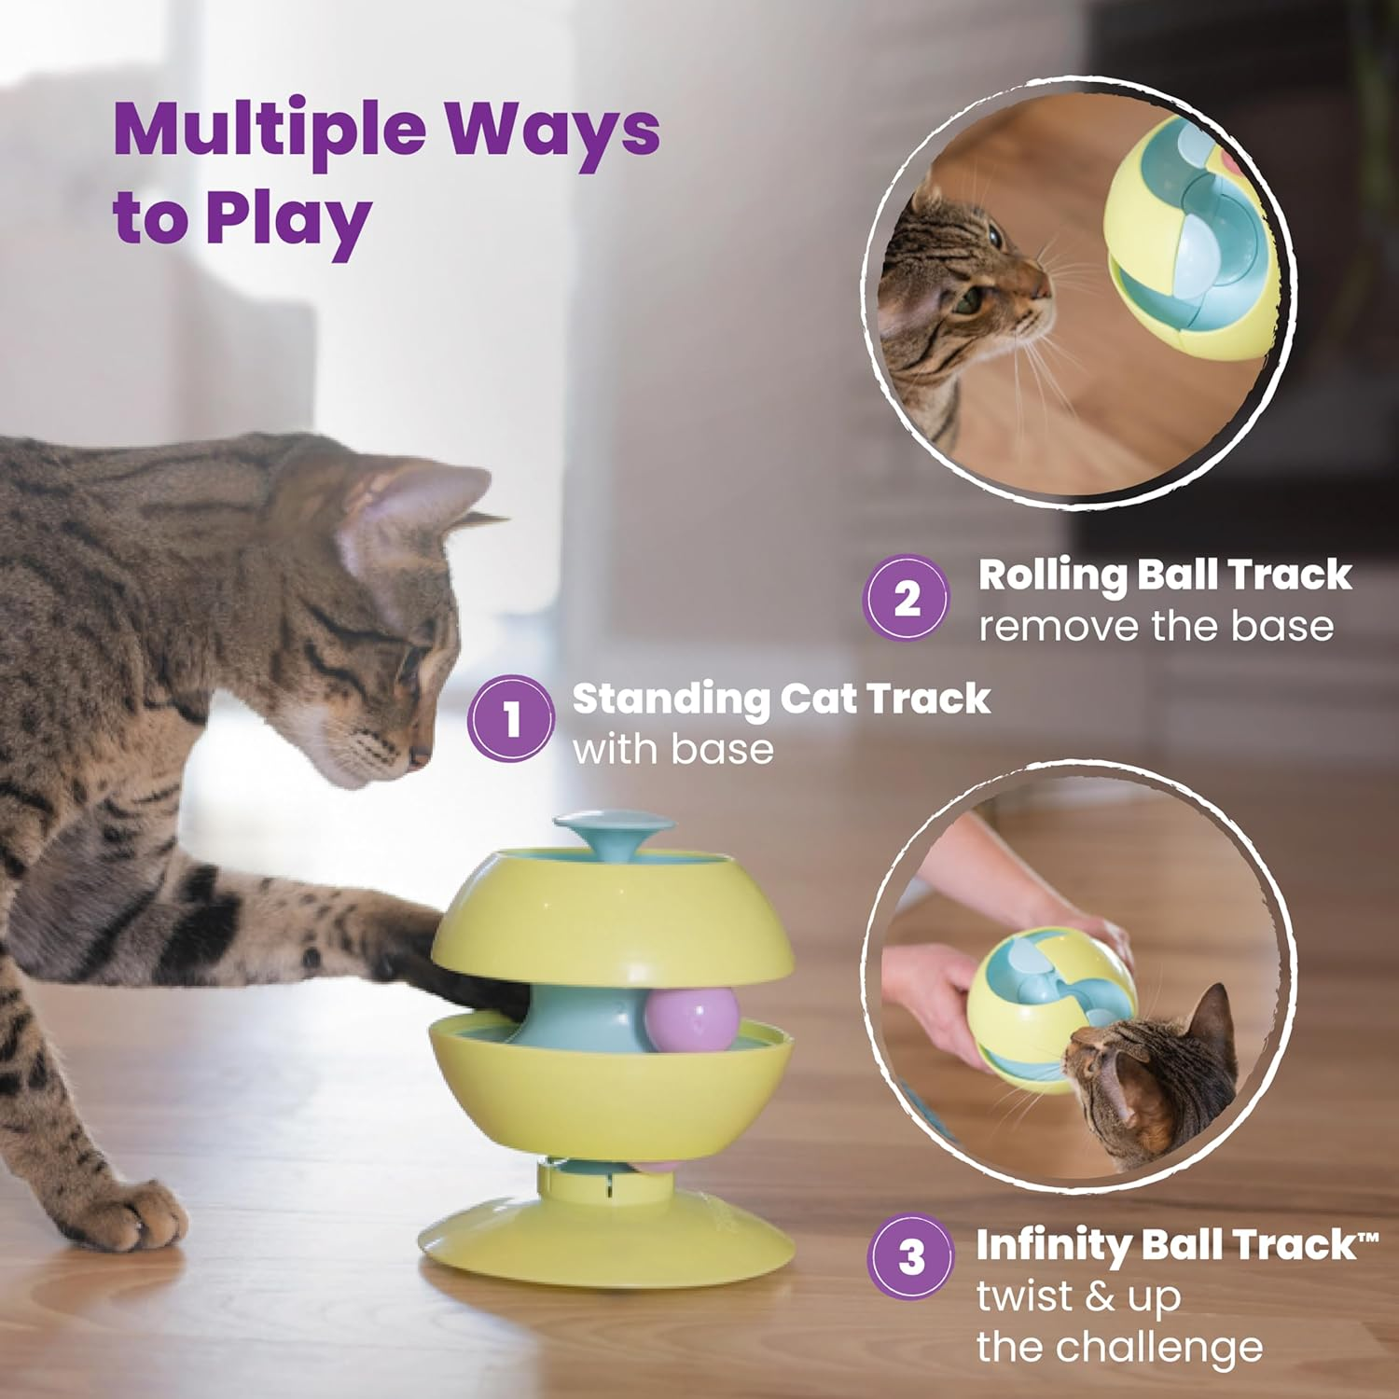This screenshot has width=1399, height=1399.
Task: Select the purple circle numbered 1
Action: pos(511,719)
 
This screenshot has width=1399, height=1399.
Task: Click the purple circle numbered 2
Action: pos(907,598)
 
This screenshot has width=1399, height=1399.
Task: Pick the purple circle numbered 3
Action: pos(911,1256)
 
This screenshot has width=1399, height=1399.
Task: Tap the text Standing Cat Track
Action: pos(780,699)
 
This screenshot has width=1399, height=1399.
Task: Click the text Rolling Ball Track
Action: pos(1164,575)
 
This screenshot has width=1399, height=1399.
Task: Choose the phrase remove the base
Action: pos(1156,626)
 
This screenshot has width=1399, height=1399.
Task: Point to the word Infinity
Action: pos(1052,1245)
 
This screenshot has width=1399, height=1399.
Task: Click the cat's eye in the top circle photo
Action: pos(967,300)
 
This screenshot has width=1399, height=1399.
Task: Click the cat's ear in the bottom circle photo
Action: pos(1212,1021)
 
